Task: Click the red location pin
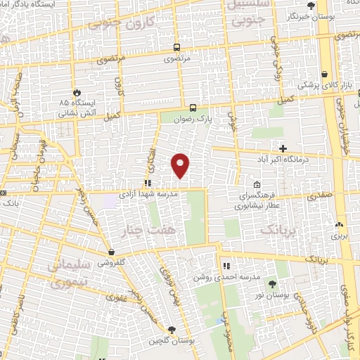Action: coord(181,165)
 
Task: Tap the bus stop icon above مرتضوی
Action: coord(176,48)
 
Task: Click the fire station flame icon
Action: coord(77,92)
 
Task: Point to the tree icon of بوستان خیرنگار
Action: coord(311,6)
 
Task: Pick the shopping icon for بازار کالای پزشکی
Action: coord(324,74)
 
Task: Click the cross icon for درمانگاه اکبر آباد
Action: coord(283,148)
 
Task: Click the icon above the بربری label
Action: coord(339,225)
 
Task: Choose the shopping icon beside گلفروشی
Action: coord(112,251)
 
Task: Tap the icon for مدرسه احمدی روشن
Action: coord(226,266)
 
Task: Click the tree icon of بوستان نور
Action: coord(272,284)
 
